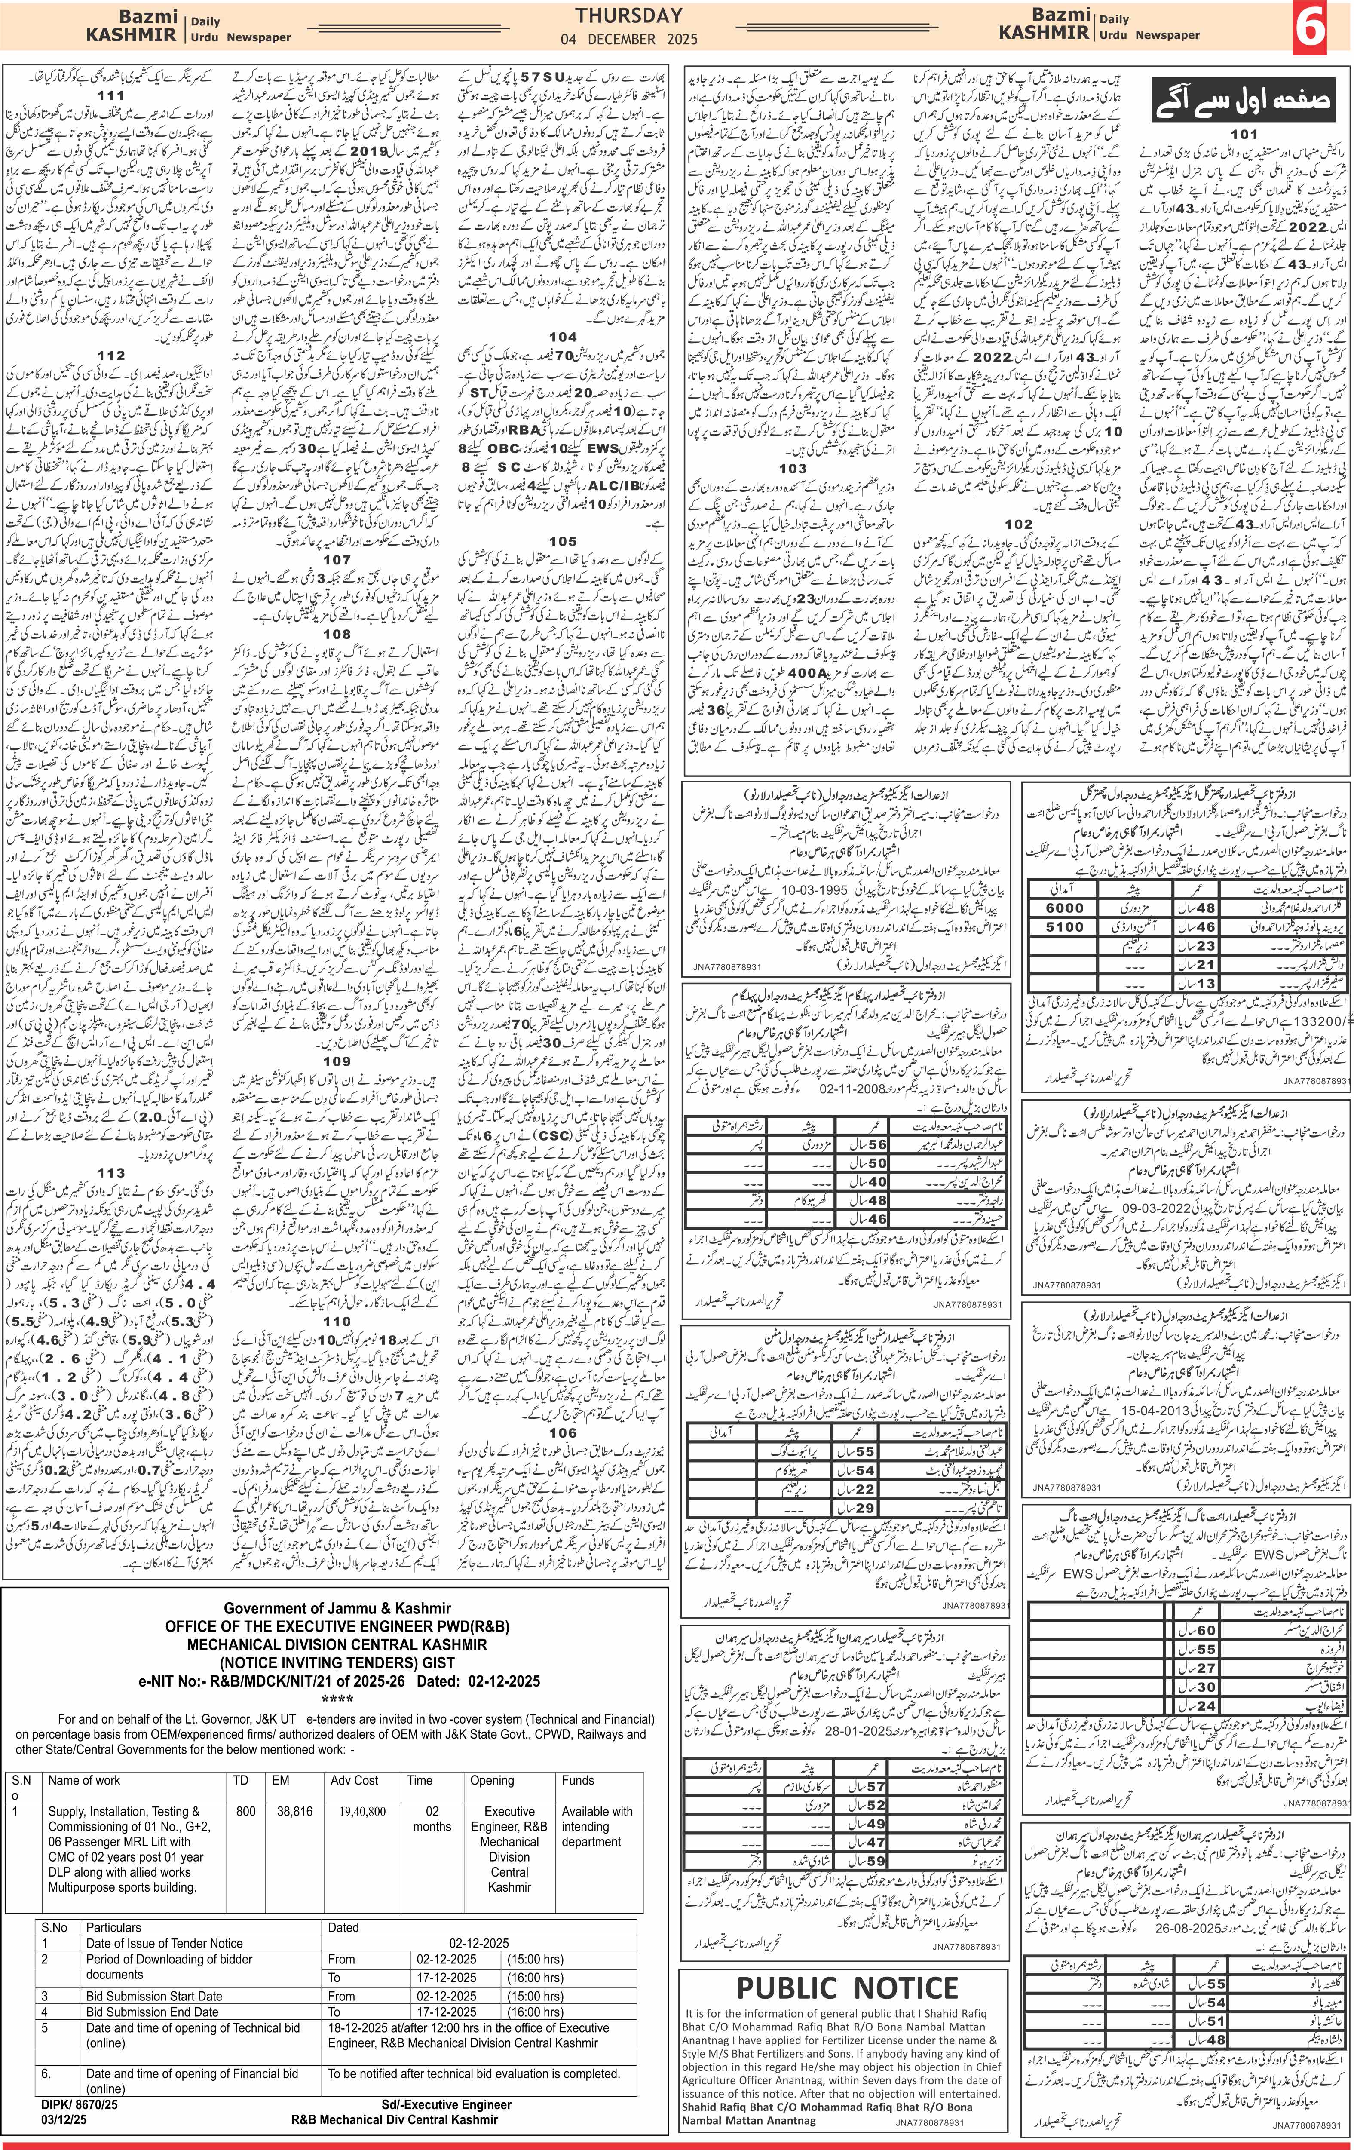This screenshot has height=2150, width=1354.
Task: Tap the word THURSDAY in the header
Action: point(628,15)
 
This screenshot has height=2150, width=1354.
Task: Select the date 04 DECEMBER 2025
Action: point(628,39)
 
